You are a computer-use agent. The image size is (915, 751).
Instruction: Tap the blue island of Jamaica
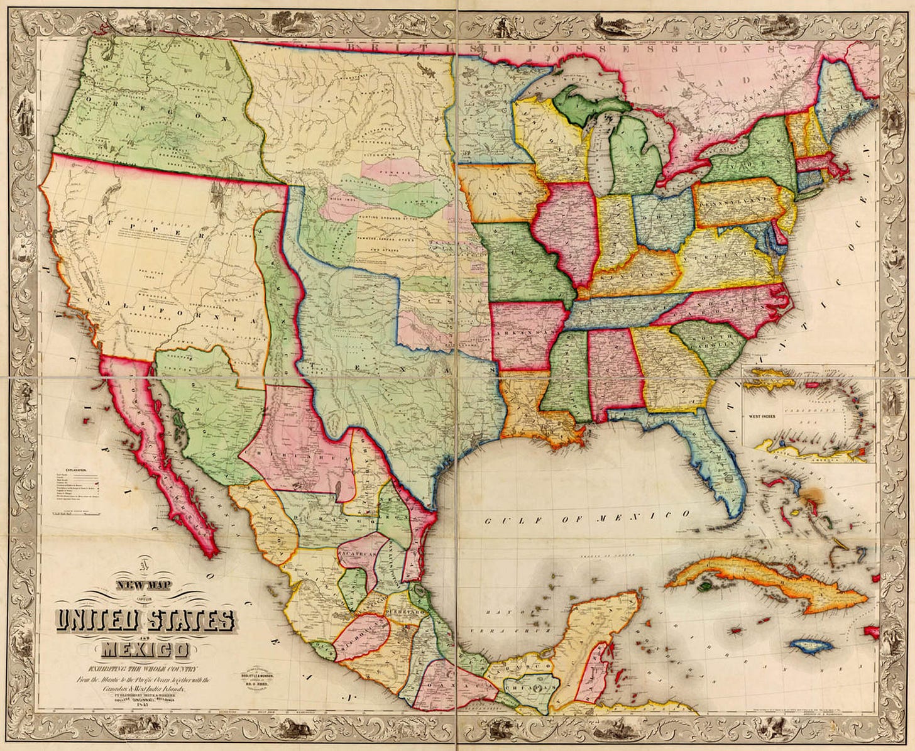(810, 645)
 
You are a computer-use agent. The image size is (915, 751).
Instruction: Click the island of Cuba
(754, 581)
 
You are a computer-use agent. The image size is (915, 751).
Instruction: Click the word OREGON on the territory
(157, 110)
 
